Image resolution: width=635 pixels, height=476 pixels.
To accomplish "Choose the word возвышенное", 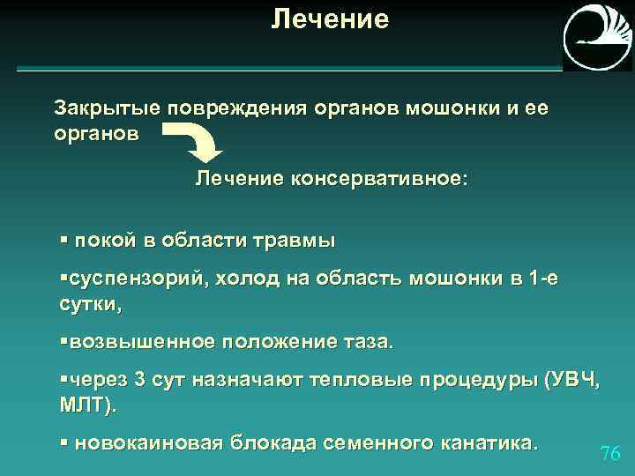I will pyautogui.click(x=140, y=341).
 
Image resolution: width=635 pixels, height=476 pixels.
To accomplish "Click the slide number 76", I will pyautogui.click(x=609, y=453).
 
